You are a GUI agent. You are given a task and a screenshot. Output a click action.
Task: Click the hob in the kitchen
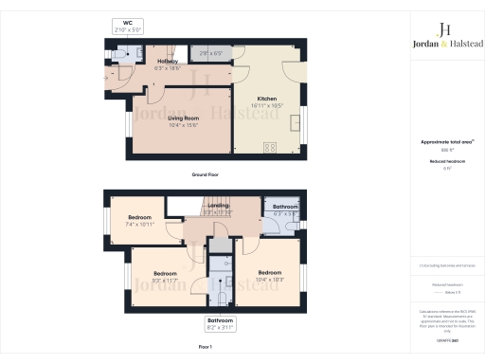[x=268, y=147]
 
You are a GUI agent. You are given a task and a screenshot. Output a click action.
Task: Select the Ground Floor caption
[x=206, y=176]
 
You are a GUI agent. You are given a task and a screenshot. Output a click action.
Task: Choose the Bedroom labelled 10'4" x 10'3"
[x=270, y=276]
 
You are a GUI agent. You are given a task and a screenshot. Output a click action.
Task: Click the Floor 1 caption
[x=206, y=348]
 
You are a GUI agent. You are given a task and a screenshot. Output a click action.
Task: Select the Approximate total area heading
[x=446, y=141]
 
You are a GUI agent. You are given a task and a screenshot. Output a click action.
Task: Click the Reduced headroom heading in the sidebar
[x=446, y=162]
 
